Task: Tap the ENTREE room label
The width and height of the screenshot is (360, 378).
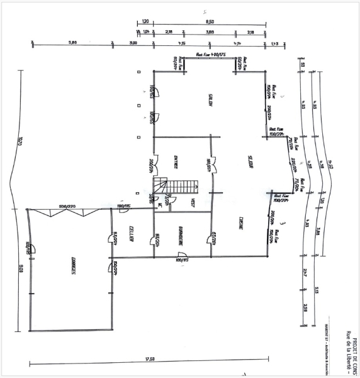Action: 171,163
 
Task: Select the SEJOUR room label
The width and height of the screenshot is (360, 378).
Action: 250,164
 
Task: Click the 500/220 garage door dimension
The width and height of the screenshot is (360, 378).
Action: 67,206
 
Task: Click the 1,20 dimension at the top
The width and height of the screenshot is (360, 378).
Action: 145,21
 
